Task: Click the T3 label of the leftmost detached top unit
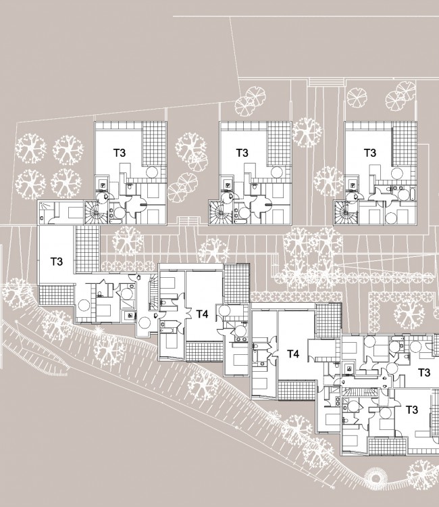pos(119,153)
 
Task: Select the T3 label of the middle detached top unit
pos(242,153)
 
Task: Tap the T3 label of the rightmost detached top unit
pos(370,153)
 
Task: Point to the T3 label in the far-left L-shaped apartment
pos(57,261)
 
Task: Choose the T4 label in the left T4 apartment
pos(202,314)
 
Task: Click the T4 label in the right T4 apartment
pos(293,354)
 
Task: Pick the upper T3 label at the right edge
pos(424,372)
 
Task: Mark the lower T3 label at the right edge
pos(411,410)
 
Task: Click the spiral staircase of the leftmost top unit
pos(95,212)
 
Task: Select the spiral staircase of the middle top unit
pos(219,212)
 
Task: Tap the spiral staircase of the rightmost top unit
pos(345,212)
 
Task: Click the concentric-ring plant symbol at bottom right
pos(376,478)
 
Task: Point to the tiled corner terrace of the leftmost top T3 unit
pos(155,143)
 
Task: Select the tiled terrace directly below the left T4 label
pos(205,352)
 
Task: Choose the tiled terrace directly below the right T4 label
pos(296,390)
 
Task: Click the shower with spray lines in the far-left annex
pos(43,212)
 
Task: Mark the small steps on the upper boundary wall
pos(326,82)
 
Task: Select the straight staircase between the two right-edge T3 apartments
pos(360,392)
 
